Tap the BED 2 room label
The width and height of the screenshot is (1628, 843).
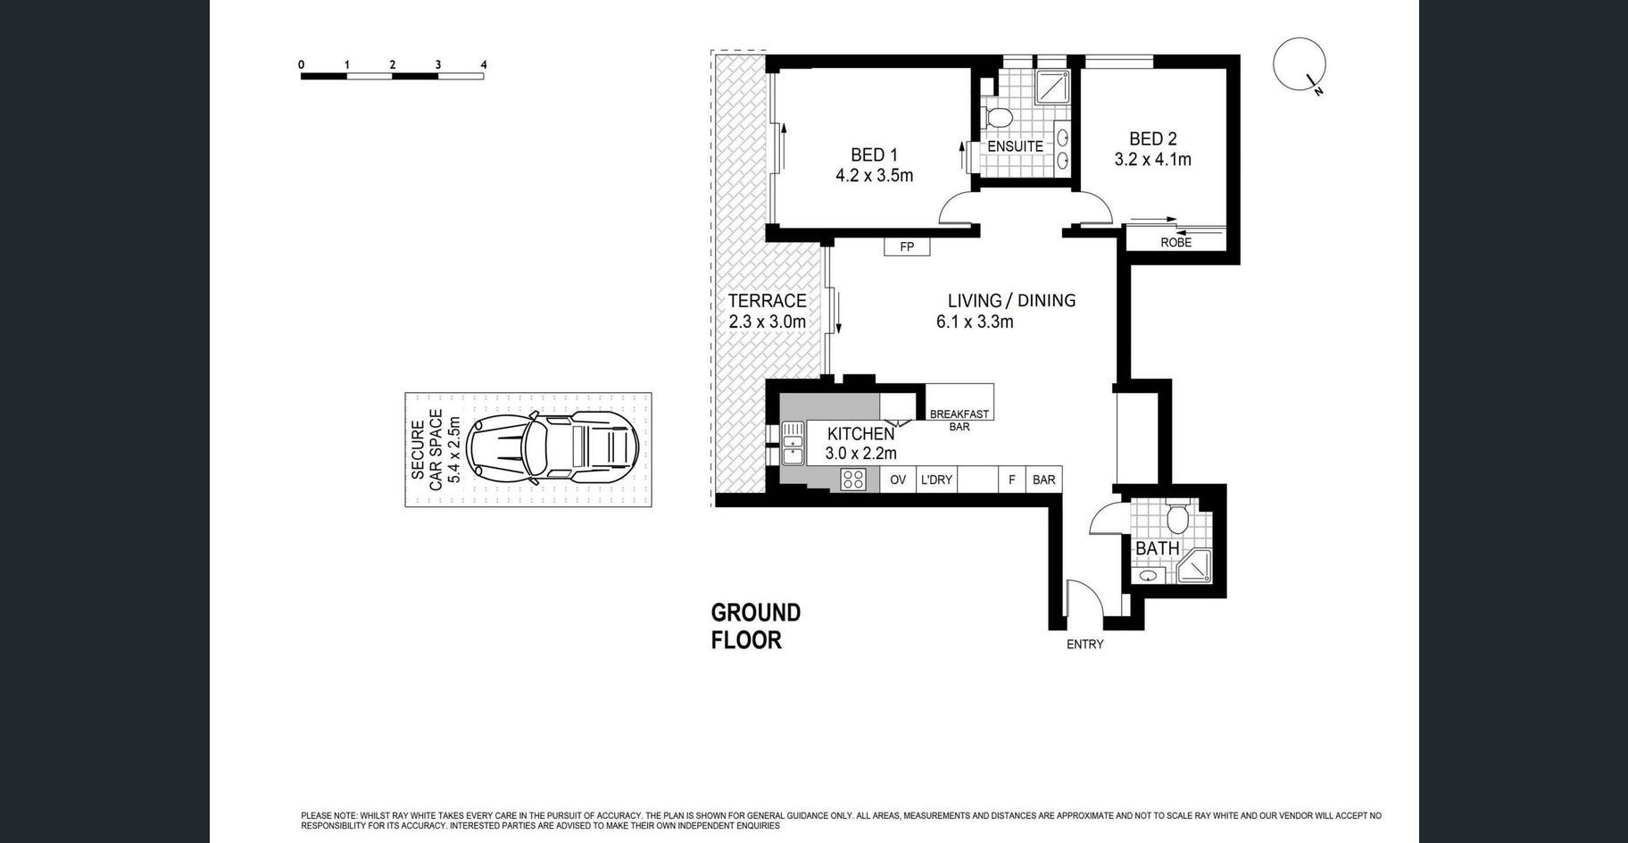point(1152,138)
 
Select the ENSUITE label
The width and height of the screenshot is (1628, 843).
point(1015,146)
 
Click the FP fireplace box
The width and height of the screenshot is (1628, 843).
point(907,246)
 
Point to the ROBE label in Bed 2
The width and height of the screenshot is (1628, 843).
point(1175,242)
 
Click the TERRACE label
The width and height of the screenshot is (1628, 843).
point(767,301)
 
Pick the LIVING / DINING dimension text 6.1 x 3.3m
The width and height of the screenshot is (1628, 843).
point(975,321)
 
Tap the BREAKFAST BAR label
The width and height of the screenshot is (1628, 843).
point(959,421)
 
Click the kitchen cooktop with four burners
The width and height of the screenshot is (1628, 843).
point(852,480)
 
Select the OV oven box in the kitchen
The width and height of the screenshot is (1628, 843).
point(898,480)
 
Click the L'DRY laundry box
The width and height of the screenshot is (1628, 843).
point(936,480)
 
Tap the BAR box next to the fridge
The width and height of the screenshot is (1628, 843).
point(1043,480)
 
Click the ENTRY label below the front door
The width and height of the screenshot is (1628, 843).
point(1084,644)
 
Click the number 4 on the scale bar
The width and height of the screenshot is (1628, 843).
point(484,64)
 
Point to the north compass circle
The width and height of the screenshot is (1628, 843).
point(1299,64)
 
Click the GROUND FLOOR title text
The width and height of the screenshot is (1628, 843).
point(755,626)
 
